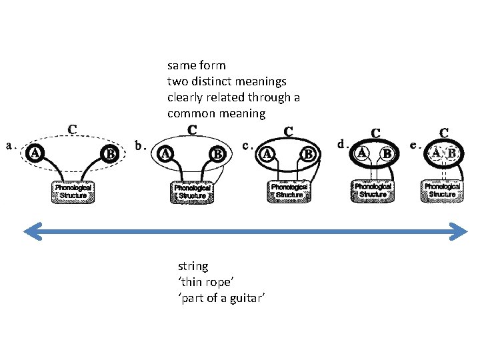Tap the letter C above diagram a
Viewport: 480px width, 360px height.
point(72,128)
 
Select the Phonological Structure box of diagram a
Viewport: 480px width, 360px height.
point(73,191)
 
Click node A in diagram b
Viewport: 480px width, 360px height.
point(165,153)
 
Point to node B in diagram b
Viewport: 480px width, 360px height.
point(217,154)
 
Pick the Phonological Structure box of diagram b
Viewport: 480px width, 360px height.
point(192,192)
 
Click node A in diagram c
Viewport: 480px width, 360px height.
point(267,154)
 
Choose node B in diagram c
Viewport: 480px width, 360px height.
point(309,154)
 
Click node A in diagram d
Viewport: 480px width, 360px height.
point(362,152)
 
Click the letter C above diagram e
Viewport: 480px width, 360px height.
point(443,133)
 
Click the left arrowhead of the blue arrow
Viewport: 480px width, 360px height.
point(29,231)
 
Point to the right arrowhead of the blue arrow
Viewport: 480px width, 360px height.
point(461,231)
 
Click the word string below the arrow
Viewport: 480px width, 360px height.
point(193,265)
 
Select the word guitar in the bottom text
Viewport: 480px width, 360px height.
point(249,297)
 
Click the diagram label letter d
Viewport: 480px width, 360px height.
point(341,143)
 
